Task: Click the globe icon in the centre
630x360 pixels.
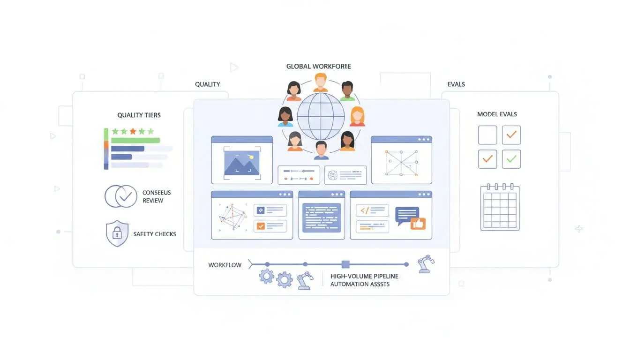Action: point(321,116)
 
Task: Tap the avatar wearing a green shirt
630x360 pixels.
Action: point(347,91)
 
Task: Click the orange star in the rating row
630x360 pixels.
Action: point(133,131)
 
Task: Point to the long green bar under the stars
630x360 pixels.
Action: point(135,140)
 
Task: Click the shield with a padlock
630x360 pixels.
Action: point(117,233)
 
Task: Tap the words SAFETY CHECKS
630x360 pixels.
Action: point(155,234)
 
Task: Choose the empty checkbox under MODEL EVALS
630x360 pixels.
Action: point(487,135)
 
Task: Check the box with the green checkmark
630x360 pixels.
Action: point(511,159)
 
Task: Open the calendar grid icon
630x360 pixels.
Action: point(500,207)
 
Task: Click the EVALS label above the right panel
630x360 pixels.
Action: point(456,84)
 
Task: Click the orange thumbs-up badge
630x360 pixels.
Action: point(417,224)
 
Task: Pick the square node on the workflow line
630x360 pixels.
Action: point(345,264)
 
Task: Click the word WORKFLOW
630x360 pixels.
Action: point(225,265)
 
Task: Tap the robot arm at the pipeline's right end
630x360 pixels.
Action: point(426,263)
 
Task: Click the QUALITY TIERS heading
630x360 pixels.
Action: point(139,115)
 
